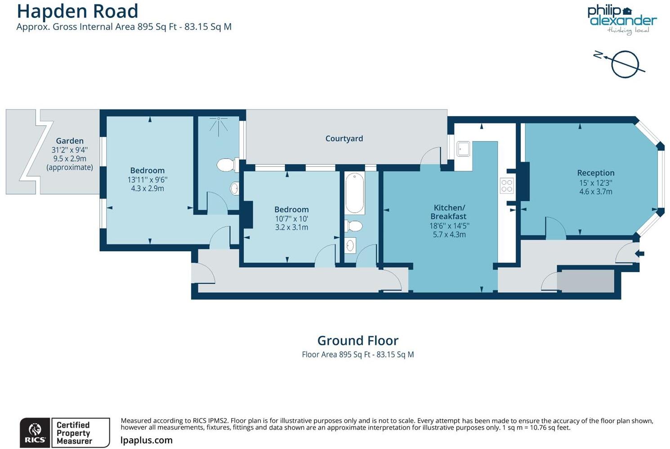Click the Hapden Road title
point(77,11)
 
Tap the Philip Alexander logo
point(622,19)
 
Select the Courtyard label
point(344,139)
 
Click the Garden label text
point(70,141)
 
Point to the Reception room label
point(595,173)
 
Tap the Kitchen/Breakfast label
point(449,212)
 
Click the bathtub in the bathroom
point(354,193)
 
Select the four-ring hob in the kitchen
point(507,186)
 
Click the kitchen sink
point(463,149)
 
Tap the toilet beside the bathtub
point(354,226)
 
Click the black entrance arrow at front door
point(639,254)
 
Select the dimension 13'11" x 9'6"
point(147,180)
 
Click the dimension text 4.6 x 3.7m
point(595,191)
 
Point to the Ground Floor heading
point(358,340)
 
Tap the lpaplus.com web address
point(147,440)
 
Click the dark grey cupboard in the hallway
point(586,281)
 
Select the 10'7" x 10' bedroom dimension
point(291,219)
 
